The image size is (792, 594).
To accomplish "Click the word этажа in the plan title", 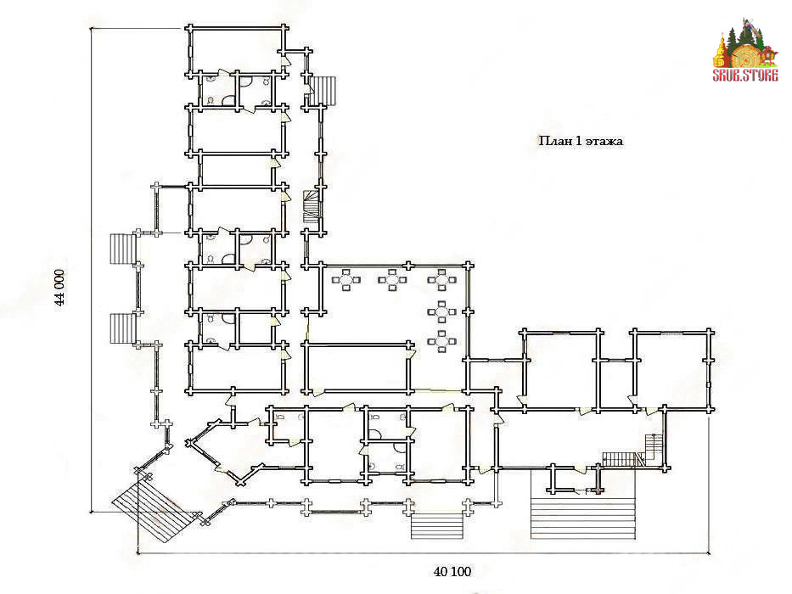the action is [x=604, y=141].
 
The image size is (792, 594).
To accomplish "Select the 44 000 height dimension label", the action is [x=60, y=288].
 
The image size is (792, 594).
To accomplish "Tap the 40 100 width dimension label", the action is [x=452, y=572].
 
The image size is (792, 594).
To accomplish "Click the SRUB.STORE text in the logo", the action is [x=745, y=76].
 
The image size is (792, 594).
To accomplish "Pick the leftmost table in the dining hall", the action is [x=346, y=280].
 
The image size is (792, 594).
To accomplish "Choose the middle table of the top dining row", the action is [x=392, y=280].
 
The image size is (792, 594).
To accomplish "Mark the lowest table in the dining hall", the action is [x=442, y=341].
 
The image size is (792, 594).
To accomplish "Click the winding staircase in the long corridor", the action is [x=312, y=206].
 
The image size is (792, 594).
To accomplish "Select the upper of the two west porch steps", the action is [x=122, y=249].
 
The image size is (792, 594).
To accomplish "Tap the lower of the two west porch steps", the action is [x=122, y=329].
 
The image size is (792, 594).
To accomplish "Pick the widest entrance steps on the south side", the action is [x=582, y=518].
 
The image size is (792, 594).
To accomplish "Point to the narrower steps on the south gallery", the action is [x=437, y=527].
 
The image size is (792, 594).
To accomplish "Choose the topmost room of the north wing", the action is [x=236, y=51].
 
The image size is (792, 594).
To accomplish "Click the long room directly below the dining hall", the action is [x=357, y=367].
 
